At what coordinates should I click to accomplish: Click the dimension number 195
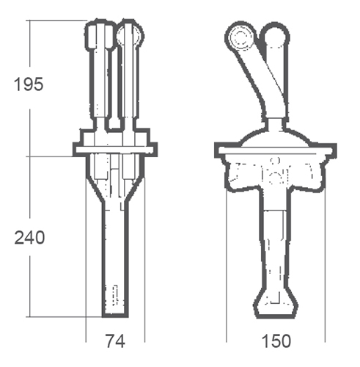29,84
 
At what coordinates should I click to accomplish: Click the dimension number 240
29,238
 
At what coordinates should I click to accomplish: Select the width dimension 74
115,341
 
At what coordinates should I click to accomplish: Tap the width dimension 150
276,341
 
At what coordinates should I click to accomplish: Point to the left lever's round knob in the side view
241,37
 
